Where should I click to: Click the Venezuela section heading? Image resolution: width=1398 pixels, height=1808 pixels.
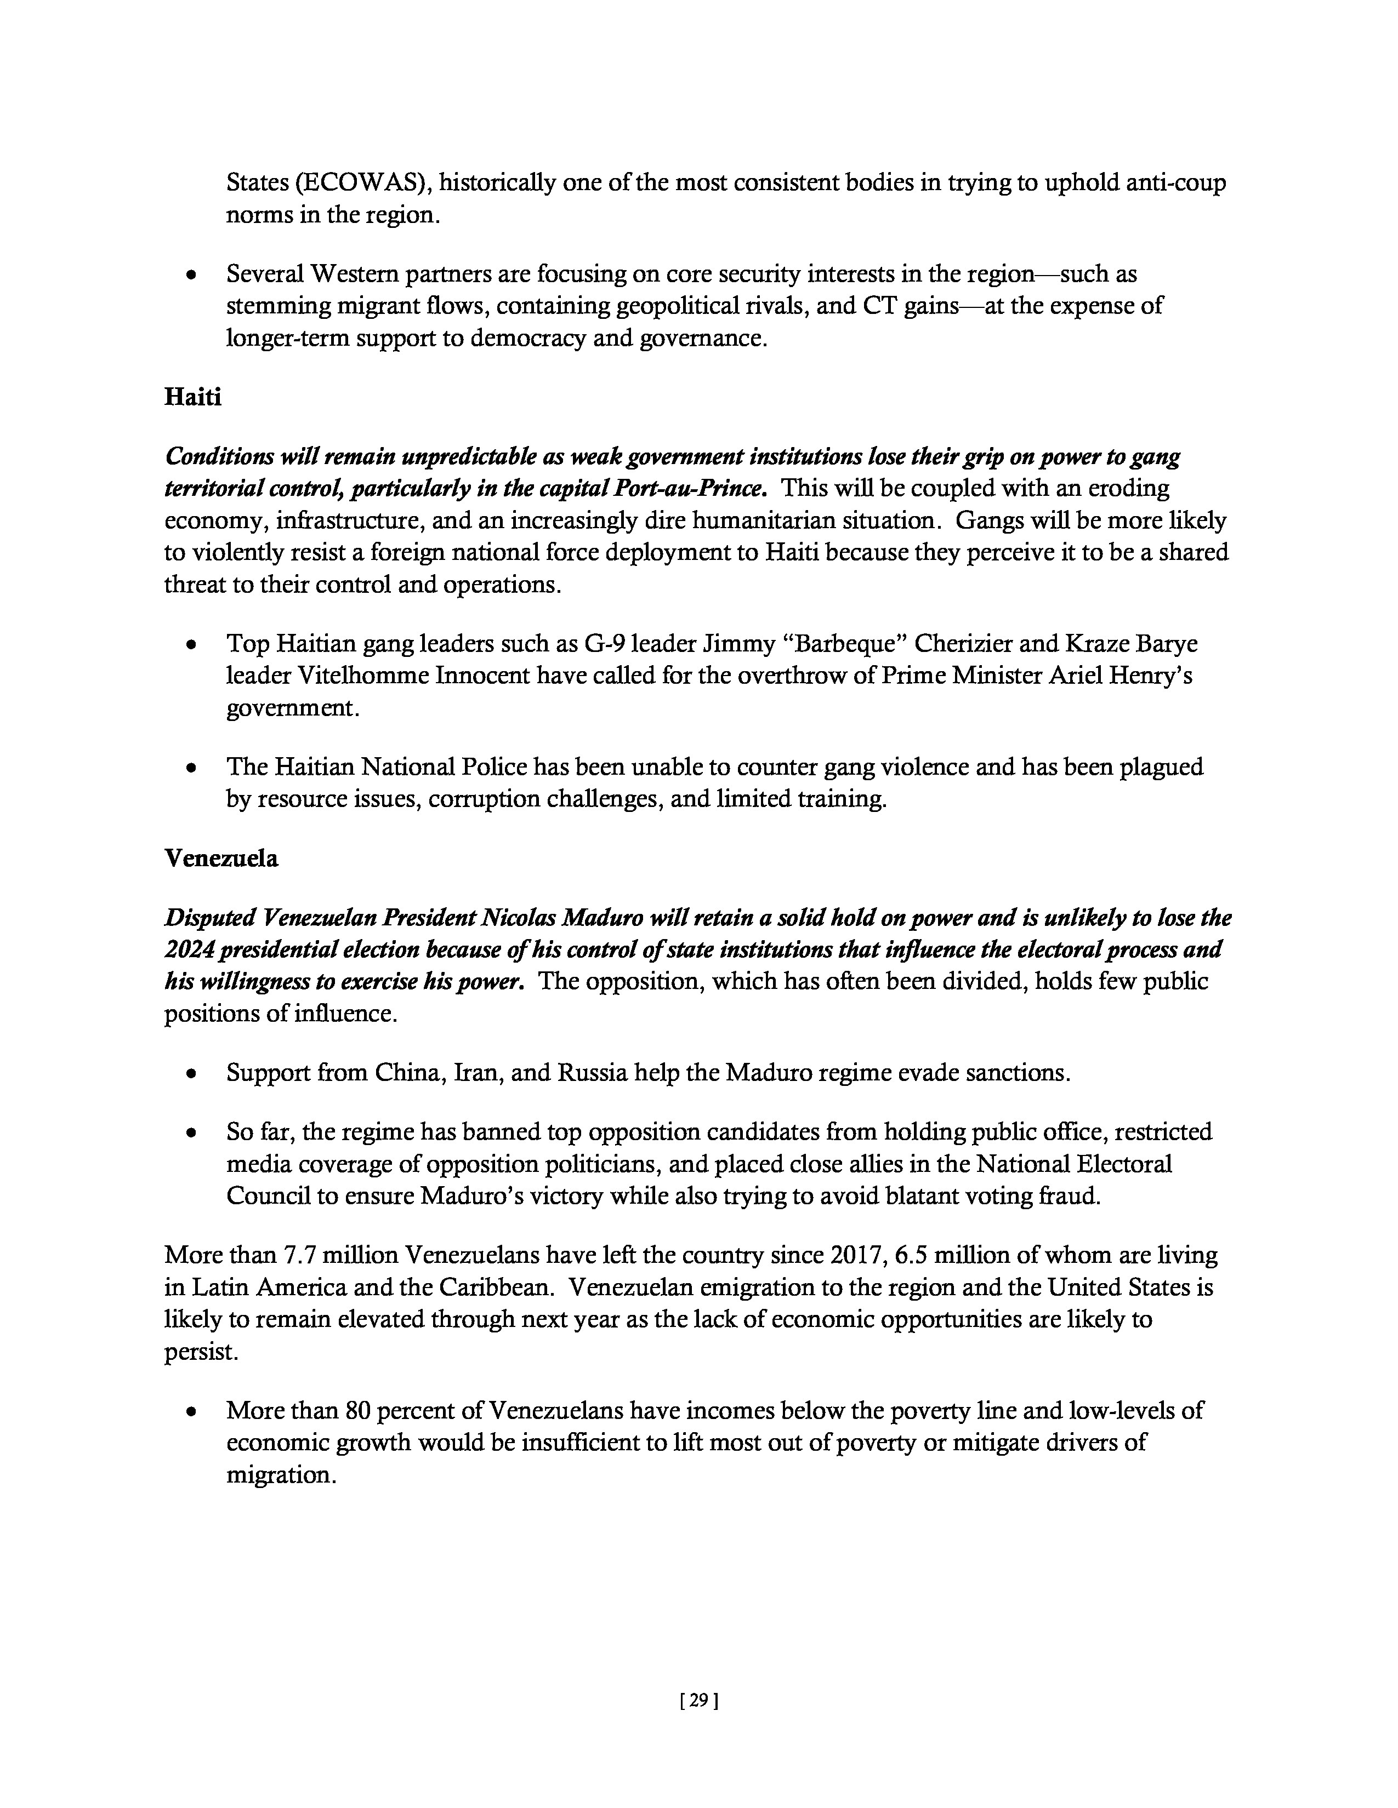[x=221, y=859]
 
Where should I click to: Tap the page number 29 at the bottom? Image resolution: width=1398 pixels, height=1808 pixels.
[x=698, y=1701]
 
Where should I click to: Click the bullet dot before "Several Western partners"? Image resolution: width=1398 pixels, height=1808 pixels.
[x=192, y=274]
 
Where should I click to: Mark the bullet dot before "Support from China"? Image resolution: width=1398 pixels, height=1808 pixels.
[x=192, y=1074]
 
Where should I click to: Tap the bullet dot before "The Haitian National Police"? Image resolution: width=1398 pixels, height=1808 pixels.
[x=192, y=768]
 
